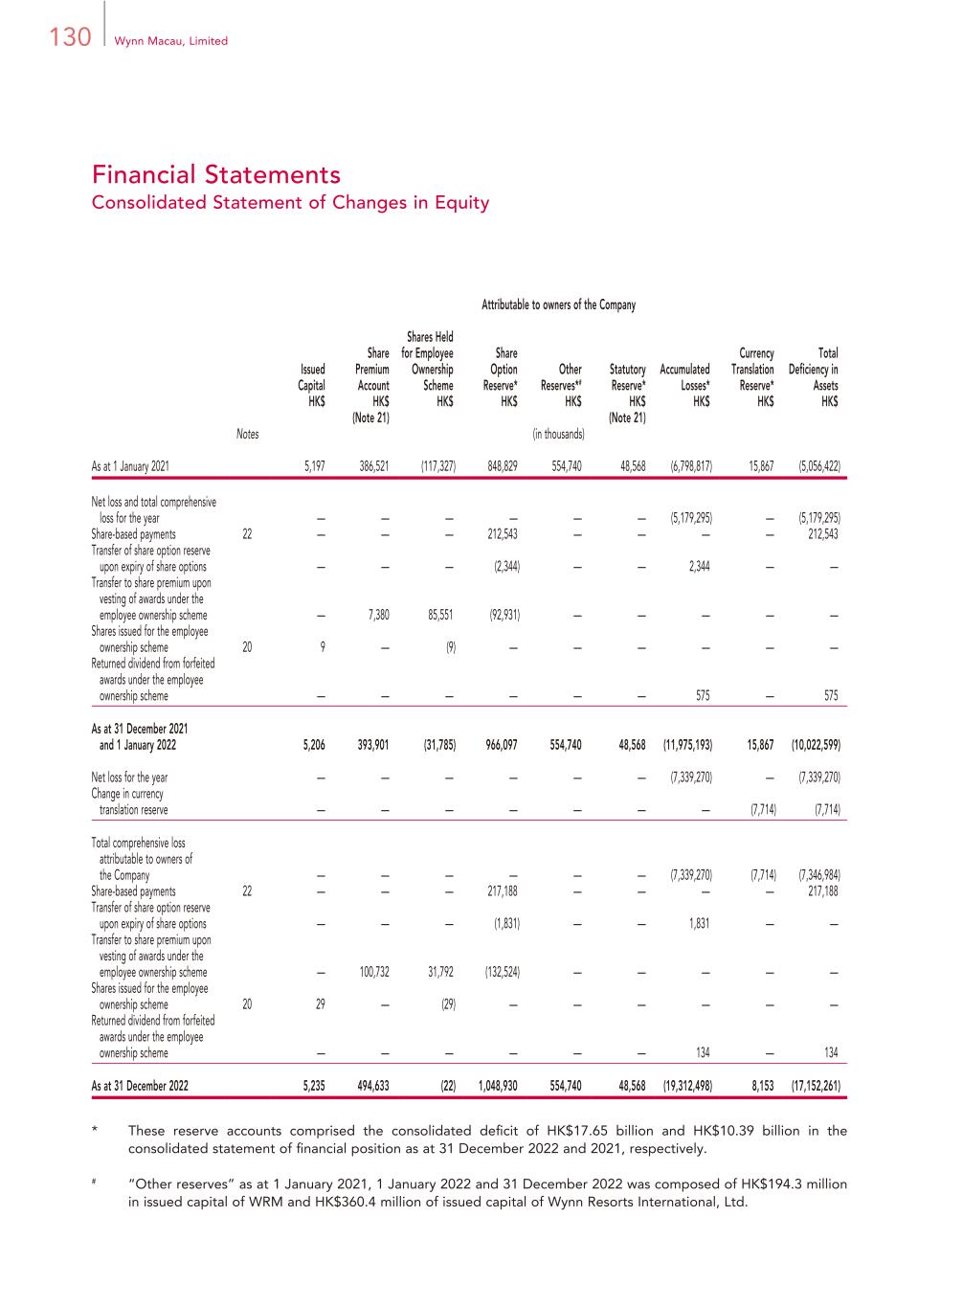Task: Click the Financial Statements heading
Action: tap(216, 174)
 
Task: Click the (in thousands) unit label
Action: tap(558, 435)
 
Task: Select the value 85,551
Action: tap(438, 616)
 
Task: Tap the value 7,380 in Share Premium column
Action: tap(378, 616)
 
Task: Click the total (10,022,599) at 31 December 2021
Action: tap(817, 745)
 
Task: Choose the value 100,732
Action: tap(373, 973)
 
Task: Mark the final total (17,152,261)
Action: tap(817, 1087)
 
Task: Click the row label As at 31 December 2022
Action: tap(140, 1087)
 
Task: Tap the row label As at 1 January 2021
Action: tap(130, 466)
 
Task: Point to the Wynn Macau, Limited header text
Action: tap(171, 41)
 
